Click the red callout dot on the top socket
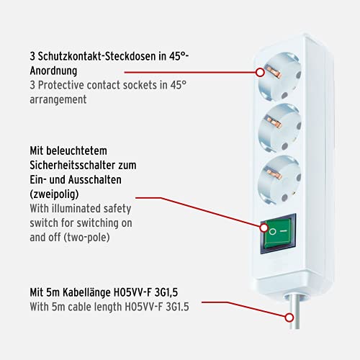pos(259,72)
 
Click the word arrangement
pos(58,100)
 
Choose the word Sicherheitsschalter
pos(76,166)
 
